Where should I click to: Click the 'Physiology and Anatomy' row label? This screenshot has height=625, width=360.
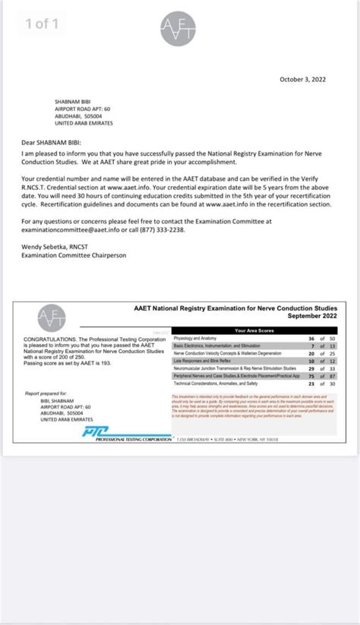(196, 338)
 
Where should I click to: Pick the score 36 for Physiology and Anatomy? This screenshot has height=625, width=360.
(311, 338)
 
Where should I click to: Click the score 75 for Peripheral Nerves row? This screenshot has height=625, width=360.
(311, 376)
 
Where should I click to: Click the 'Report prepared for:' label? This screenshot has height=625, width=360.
(46, 393)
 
